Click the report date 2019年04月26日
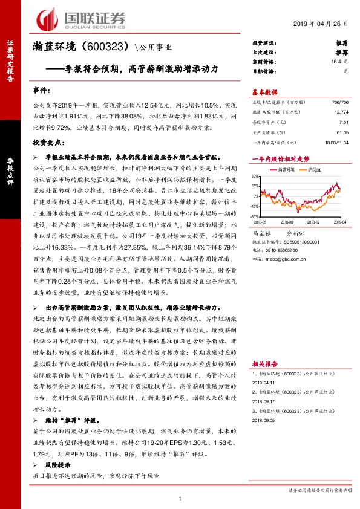tap(320, 24)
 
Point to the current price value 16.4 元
tap(341, 62)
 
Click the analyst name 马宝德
tap(261, 232)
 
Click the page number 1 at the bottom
tap(180, 498)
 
